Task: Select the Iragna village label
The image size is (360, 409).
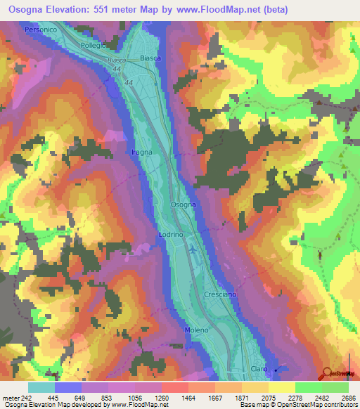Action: point(141,152)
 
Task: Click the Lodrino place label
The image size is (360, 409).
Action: point(171,233)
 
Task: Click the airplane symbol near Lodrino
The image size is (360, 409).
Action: point(193,249)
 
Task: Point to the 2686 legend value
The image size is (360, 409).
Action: point(349,398)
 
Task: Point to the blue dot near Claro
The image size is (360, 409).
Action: point(276,370)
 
